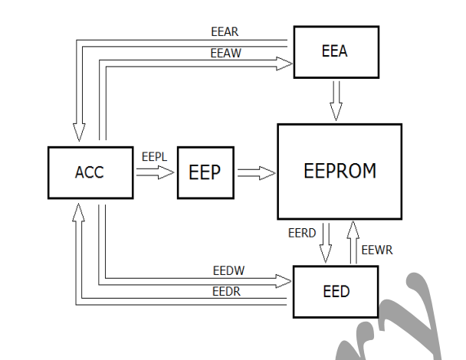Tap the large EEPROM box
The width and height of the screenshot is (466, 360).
point(339,171)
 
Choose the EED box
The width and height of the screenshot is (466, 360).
point(336,291)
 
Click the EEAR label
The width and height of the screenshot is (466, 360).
point(225,32)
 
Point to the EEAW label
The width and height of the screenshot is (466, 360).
point(225,54)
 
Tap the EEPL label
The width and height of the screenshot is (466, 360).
point(155,156)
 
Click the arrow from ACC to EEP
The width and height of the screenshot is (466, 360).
point(156,173)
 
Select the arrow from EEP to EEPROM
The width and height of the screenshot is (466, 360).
point(256,173)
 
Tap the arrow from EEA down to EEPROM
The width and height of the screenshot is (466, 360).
point(336,100)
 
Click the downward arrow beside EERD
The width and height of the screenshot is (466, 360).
point(326,242)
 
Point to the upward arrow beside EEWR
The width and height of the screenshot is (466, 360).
point(352,242)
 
